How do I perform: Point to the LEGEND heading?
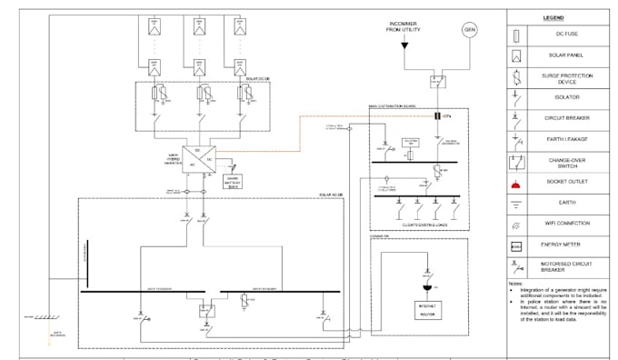553,18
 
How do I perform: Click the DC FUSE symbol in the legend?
516,36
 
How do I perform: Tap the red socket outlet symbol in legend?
516,183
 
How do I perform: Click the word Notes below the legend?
515,283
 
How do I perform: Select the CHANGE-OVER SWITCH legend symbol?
516,162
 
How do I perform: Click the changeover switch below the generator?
437,80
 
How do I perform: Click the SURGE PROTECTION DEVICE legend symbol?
516,76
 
